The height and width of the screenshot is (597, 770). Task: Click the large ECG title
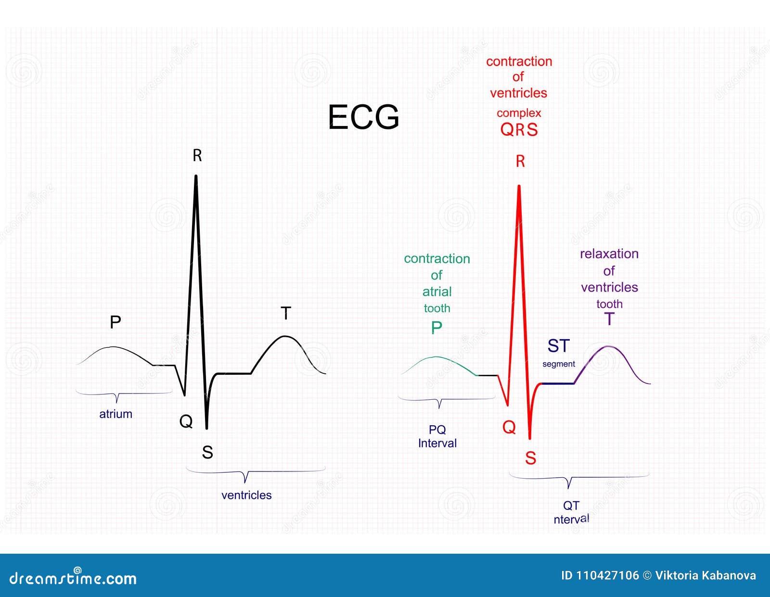coord(363,117)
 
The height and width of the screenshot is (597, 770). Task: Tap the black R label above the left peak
coord(197,155)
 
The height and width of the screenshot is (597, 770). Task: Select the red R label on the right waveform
coord(520,161)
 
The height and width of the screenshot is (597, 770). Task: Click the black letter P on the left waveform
coord(115,322)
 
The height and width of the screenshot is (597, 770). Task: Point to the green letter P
coord(436,328)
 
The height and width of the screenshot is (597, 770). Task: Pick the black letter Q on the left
coord(186,421)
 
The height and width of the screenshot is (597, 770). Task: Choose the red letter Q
coord(509,427)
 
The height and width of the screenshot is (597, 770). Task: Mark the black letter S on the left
coord(207,452)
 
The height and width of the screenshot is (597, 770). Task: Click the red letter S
coord(530,458)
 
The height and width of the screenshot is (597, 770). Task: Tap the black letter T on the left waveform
coord(286,313)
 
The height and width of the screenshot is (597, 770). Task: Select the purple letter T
coord(609,319)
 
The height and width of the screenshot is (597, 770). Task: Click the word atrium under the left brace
coord(115,414)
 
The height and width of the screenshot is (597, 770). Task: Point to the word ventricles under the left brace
coord(246,495)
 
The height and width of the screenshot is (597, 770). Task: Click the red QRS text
coord(519,129)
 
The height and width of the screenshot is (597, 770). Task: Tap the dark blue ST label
coord(558,346)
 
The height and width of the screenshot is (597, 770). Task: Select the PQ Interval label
coord(437,436)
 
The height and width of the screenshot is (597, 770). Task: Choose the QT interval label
coord(571,512)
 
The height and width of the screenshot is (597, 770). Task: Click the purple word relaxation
coord(609,254)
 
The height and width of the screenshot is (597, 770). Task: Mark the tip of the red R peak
coord(519,186)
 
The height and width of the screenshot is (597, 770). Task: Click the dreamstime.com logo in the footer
coord(73,577)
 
